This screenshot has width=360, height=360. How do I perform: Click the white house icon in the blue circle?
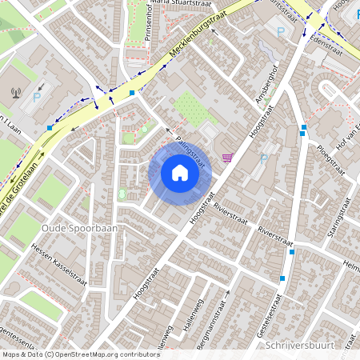coord(179,172)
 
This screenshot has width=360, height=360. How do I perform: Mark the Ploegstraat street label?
coord(329,159)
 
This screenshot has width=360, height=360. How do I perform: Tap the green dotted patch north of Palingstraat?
coord(186,106)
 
